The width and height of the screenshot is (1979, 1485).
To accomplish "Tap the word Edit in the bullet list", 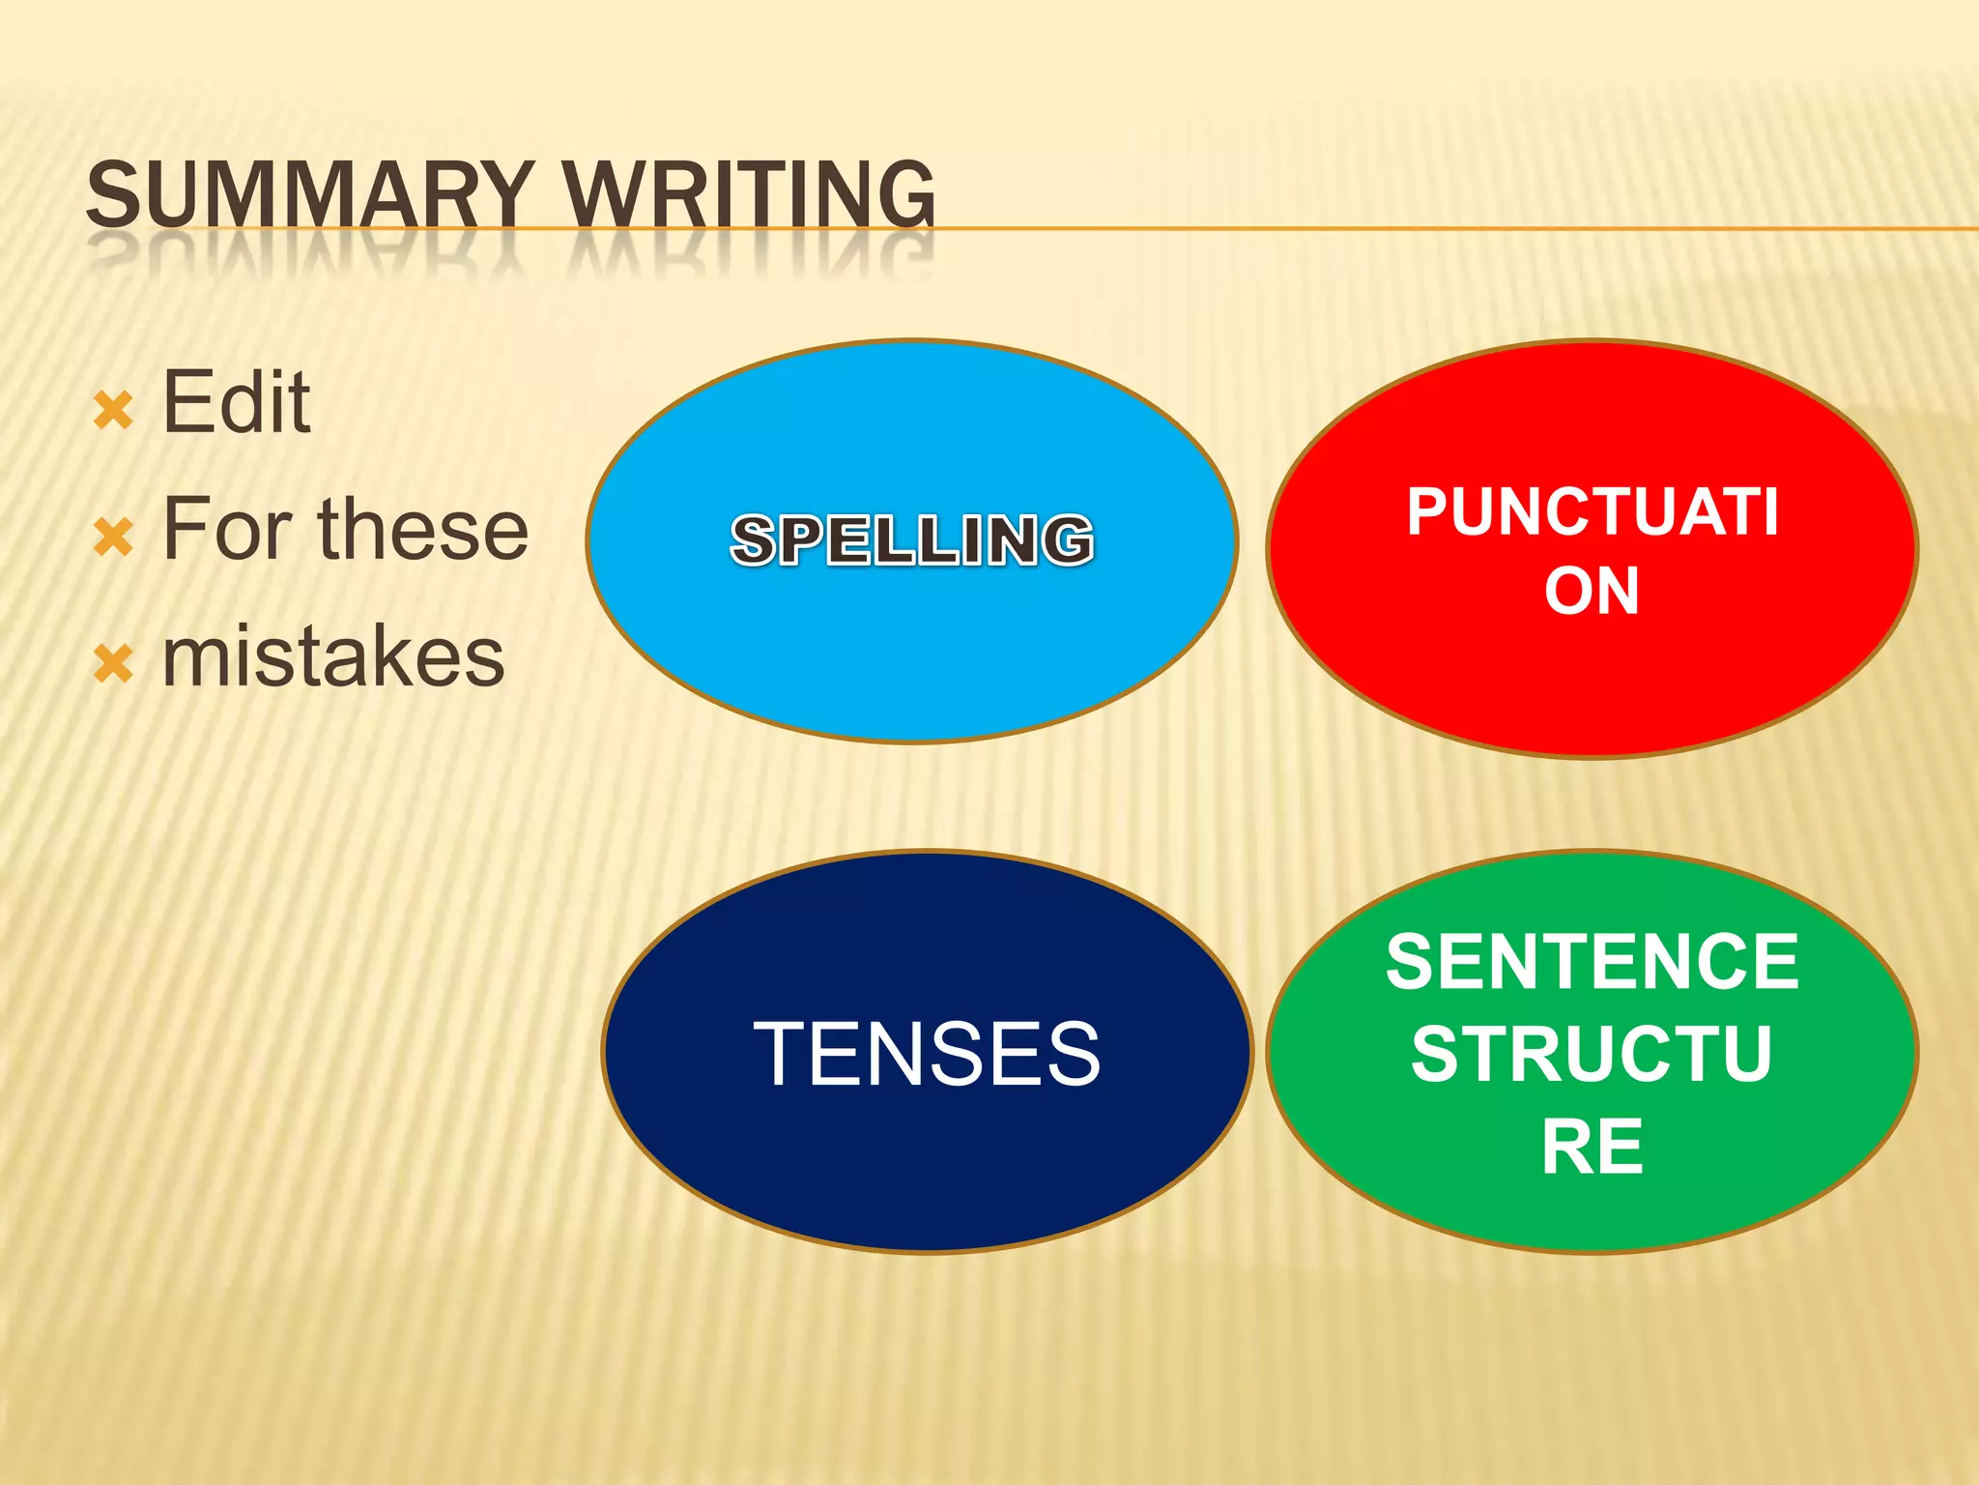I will (236, 402).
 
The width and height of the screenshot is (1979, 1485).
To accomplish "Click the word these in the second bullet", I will (423, 529).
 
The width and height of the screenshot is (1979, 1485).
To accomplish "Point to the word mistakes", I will (333, 656).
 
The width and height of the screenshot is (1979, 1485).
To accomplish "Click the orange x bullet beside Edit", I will (113, 411).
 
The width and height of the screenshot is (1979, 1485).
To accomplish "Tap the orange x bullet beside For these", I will (113, 538).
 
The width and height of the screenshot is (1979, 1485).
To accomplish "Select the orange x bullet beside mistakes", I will (113, 665).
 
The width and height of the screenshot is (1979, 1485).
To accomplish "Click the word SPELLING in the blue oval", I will (912, 539).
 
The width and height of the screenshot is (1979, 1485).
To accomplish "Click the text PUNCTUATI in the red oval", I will (1592, 511).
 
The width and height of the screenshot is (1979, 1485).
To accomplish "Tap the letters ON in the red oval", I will (1592, 591).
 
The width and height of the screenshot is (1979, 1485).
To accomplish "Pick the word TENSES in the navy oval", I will (927, 1054).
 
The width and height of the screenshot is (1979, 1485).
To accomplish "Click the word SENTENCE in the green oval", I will (1592, 961).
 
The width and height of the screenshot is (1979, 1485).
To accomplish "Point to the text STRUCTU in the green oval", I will (1592, 1054).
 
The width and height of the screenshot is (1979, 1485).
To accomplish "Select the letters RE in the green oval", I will (1592, 1147).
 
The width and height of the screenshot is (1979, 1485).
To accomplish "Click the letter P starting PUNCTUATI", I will (1428, 511).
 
